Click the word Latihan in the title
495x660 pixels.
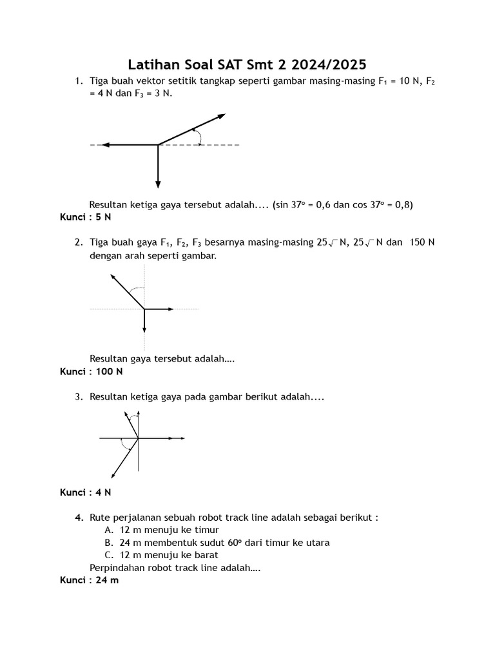155,64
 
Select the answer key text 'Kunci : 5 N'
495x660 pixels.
86,217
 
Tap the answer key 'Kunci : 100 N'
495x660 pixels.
91,371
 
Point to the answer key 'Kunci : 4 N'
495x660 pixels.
86,492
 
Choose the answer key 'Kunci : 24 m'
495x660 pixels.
90,580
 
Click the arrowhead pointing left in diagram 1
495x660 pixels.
105,145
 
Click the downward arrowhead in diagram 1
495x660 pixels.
158,185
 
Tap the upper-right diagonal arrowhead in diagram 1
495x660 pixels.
222,116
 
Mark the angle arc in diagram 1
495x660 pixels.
199,137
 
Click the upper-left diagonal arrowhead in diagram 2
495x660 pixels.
113,277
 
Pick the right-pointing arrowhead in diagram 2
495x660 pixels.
171,309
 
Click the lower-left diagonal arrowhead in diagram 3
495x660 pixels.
114,474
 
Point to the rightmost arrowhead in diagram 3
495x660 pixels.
182,439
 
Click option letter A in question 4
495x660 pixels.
108,529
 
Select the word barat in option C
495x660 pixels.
206,555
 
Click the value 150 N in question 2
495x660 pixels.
422,242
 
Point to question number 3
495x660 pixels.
77,397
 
